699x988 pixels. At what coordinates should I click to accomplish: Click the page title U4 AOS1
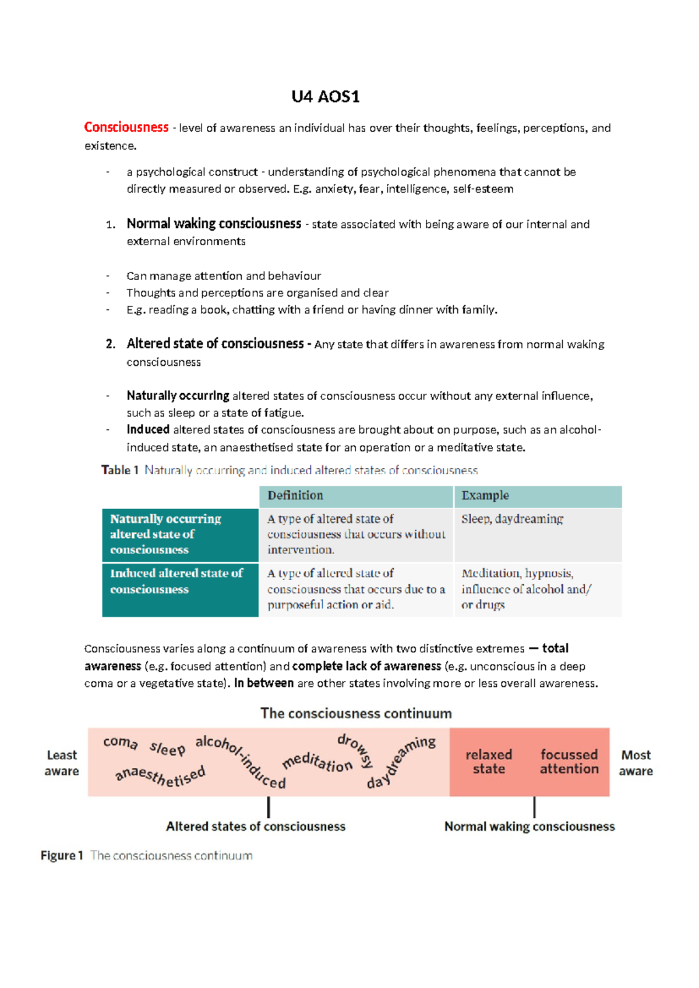coord(325,97)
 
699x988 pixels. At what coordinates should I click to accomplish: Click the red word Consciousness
coord(126,128)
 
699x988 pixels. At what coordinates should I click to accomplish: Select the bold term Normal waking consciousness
coord(214,224)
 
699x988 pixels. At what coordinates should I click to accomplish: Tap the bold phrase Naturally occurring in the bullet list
coord(178,396)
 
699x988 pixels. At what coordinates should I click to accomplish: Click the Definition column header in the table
coord(295,496)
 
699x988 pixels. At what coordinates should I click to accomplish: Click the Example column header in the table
coord(485,496)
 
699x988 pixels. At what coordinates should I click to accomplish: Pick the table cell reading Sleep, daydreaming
coord(512,519)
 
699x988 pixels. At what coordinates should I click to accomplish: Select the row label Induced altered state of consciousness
coord(176,581)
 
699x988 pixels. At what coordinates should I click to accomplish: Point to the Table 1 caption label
coord(120,470)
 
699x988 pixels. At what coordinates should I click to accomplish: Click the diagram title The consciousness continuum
coord(356,714)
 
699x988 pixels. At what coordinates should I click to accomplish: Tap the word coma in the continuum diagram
coord(121,742)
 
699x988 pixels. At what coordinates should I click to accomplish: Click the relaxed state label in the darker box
coord(489,761)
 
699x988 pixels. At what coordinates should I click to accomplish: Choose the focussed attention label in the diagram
coord(569,761)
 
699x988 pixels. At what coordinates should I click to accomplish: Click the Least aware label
coord(61,763)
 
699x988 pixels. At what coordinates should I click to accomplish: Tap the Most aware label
coord(636,763)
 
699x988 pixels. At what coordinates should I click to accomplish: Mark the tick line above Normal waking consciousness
coord(534,807)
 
